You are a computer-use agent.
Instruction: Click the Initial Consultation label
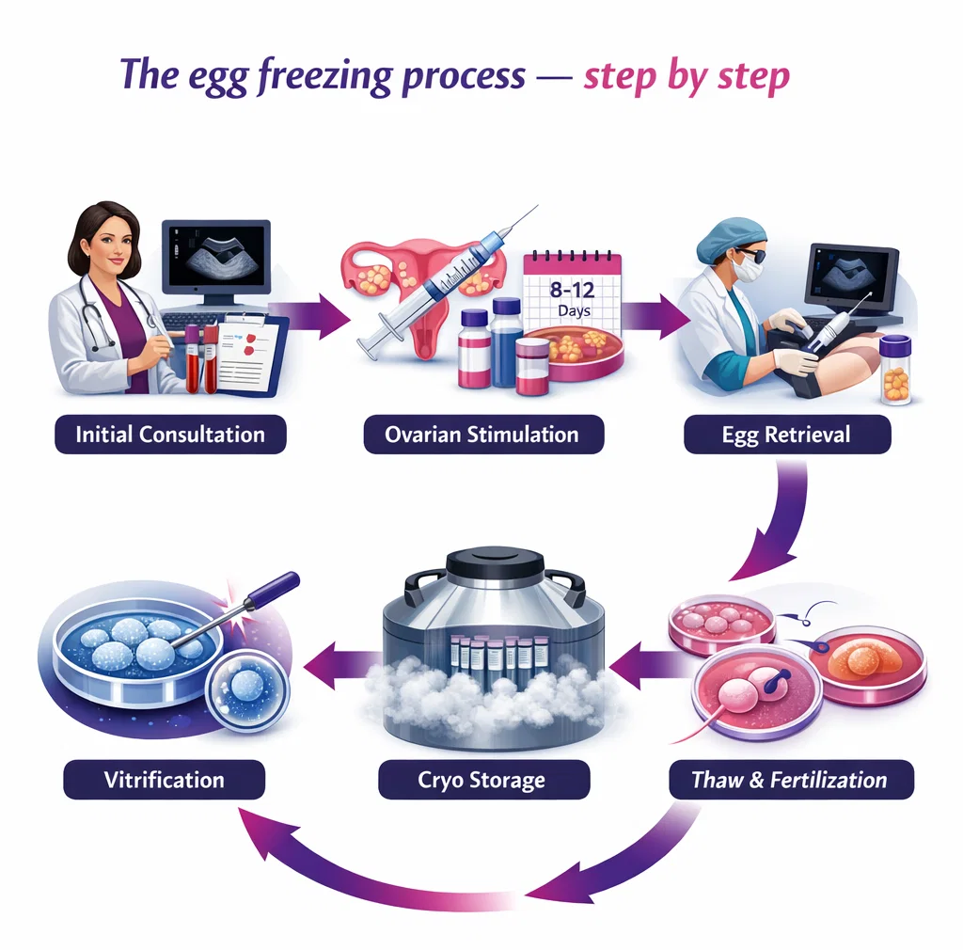pyautogui.click(x=170, y=435)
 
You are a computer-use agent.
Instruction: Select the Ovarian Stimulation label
pyautogui.click(x=481, y=435)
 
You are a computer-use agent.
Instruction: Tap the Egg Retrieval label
pyautogui.click(x=786, y=435)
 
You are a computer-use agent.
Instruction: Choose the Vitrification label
pyautogui.click(x=165, y=780)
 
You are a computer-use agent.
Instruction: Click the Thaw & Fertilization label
pyautogui.click(x=789, y=780)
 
